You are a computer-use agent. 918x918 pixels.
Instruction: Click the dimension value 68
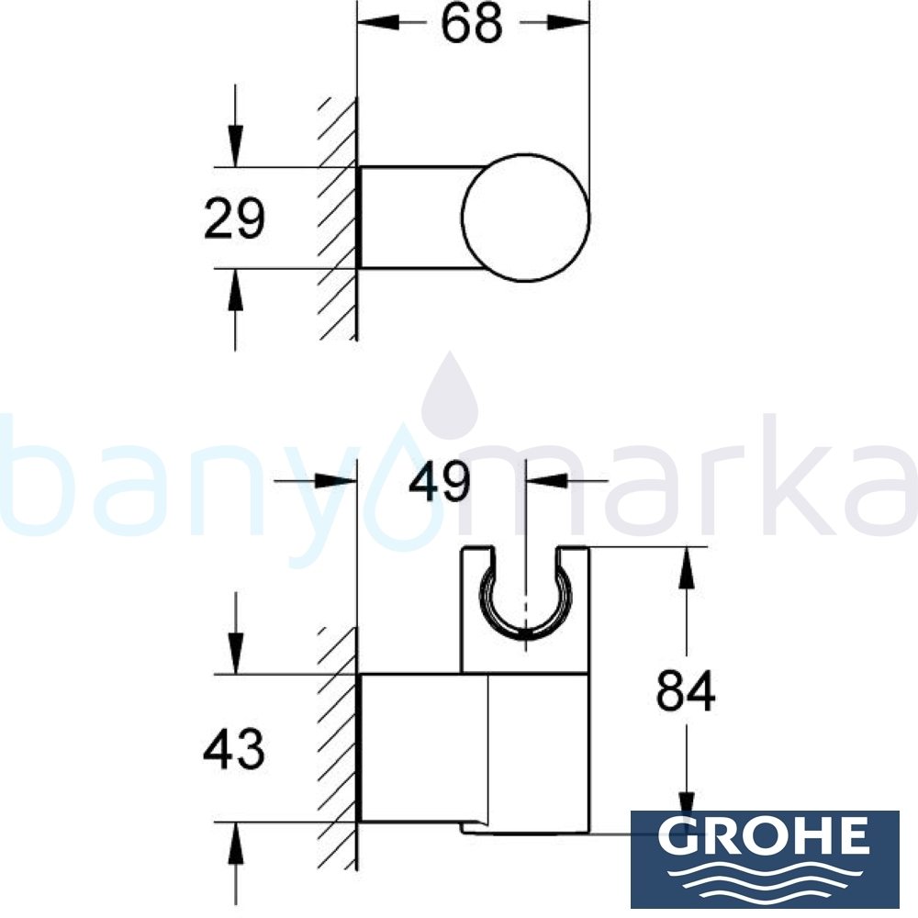point(471,26)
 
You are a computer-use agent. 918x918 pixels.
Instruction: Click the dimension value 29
point(234,219)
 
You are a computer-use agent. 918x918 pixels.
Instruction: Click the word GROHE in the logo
point(764,835)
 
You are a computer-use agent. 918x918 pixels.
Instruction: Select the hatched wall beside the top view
point(338,220)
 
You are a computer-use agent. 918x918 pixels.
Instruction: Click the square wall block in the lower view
point(422,747)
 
